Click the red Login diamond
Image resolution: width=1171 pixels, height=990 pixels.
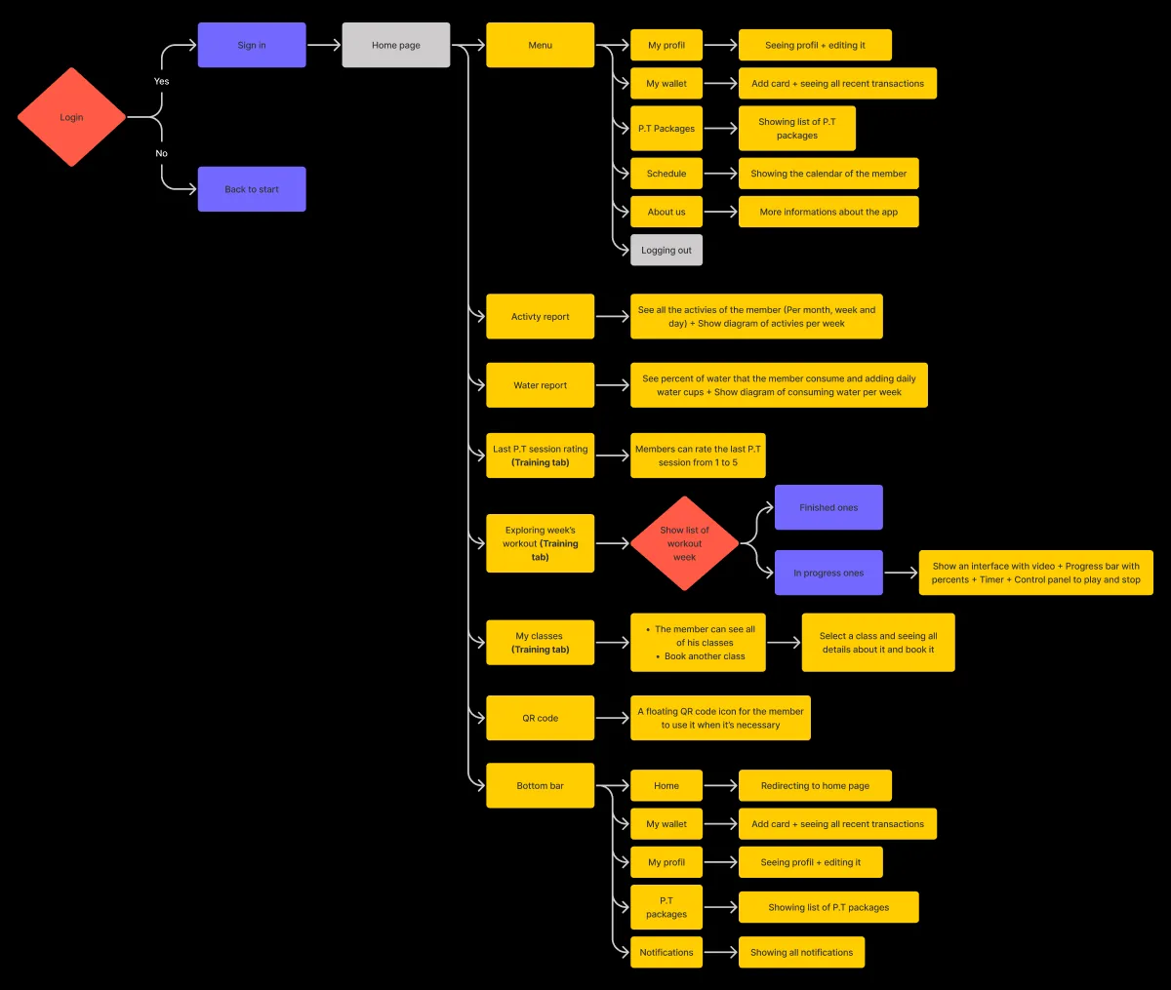point(71,117)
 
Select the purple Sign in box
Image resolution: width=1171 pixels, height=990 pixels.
point(252,45)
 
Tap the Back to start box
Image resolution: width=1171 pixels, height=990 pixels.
point(252,189)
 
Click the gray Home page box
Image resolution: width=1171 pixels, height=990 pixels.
point(396,45)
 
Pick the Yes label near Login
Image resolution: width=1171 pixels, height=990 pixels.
point(161,81)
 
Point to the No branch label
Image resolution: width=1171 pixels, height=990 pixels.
point(161,153)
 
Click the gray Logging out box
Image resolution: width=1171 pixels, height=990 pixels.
point(666,250)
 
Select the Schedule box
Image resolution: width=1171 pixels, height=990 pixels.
point(666,174)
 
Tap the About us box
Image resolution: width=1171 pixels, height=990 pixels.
point(666,212)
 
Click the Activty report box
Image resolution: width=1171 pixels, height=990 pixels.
point(540,317)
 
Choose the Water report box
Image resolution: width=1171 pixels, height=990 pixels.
point(540,385)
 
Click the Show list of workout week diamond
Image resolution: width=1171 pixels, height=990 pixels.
point(684,543)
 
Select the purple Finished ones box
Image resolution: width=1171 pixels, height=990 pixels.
point(828,507)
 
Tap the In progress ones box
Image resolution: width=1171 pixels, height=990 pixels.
point(828,573)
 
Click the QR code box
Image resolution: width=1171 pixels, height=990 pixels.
point(540,718)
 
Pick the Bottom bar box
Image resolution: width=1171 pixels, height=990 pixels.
point(540,785)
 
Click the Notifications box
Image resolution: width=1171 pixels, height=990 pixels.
point(666,952)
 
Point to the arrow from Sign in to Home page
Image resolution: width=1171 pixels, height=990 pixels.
point(323,45)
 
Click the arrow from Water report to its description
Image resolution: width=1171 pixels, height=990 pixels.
point(613,385)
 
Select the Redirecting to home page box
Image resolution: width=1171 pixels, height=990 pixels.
point(815,785)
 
